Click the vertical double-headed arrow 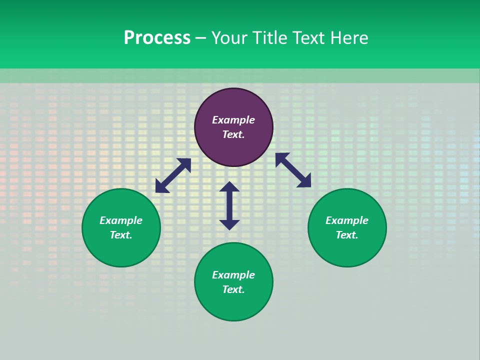click(x=229, y=205)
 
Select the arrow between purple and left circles click(x=173, y=175)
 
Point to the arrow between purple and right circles click(x=293, y=170)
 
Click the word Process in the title click(x=157, y=38)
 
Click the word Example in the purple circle click(x=233, y=120)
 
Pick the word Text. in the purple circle click(x=233, y=134)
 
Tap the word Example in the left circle click(x=121, y=220)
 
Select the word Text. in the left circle click(x=121, y=235)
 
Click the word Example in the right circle click(x=347, y=220)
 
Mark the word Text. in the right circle click(x=347, y=235)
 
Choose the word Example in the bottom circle click(x=233, y=275)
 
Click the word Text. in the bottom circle click(x=233, y=289)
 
